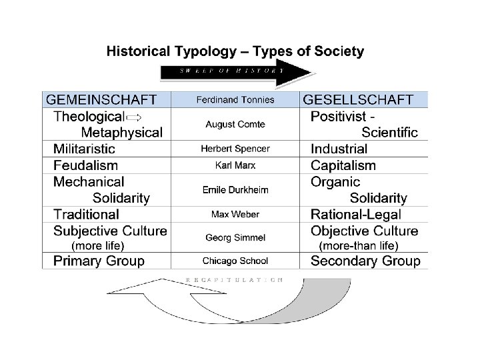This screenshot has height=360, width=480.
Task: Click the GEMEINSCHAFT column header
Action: click(x=101, y=100)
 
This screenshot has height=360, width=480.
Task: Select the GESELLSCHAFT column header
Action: click(x=359, y=100)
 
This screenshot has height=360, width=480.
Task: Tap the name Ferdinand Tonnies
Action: click(x=235, y=100)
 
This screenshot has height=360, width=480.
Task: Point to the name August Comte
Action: click(x=235, y=124)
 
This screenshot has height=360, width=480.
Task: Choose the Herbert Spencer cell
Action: click(x=235, y=149)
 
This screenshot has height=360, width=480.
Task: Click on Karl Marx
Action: click(x=235, y=165)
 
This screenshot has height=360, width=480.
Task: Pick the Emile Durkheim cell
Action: click(x=235, y=189)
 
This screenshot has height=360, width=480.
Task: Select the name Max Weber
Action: click(x=235, y=215)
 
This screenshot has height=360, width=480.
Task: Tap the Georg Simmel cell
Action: click(x=235, y=237)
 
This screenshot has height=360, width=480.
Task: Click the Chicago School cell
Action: click(x=235, y=261)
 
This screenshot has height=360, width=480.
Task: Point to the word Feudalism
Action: click(x=85, y=165)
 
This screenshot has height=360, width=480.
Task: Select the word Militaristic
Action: click(x=84, y=149)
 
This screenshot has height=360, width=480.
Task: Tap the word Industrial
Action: click(x=339, y=149)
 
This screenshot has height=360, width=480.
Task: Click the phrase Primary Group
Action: click(x=99, y=261)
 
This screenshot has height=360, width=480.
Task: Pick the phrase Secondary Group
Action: click(x=365, y=261)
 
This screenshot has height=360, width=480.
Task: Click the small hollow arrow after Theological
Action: click(x=133, y=117)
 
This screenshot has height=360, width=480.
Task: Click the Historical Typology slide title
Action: click(x=235, y=51)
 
